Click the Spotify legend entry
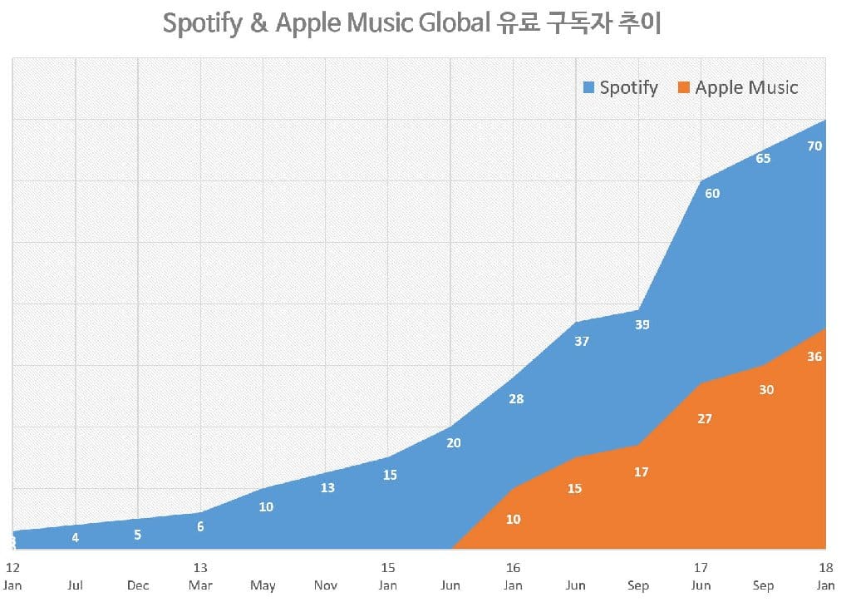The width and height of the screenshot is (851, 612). click(621, 87)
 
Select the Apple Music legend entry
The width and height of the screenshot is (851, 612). click(738, 87)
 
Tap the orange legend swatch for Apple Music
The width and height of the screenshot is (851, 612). click(685, 88)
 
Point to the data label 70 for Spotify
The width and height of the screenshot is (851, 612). click(814, 146)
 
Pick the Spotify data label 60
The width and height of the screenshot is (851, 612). click(712, 194)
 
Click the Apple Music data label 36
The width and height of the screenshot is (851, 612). click(814, 357)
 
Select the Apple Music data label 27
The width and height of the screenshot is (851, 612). click(705, 419)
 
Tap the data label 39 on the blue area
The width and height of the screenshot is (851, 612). click(642, 325)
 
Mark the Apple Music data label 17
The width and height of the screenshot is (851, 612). click(641, 472)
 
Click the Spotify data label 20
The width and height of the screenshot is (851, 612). click(453, 443)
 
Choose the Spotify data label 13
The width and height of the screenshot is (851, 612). click(327, 488)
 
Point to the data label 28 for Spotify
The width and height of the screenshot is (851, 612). click(516, 399)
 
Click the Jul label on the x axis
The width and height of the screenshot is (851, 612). click(76, 585)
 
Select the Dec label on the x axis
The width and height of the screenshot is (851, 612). click(138, 585)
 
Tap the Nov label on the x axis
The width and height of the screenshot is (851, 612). click(326, 585)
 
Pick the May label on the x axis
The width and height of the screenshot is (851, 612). click(263, 585)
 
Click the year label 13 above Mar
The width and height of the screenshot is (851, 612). click(200, 568)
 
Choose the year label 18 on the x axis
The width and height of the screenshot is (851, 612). click(825, 568)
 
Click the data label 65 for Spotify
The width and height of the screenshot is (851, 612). click(762, 158)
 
